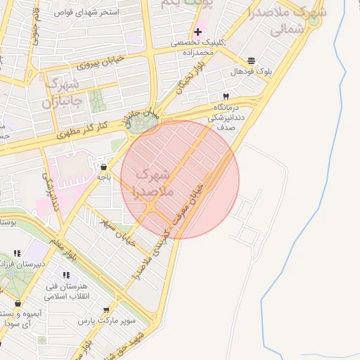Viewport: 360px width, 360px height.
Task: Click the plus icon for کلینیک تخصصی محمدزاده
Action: (198, 32)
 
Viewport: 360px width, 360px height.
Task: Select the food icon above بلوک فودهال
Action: (252, 60)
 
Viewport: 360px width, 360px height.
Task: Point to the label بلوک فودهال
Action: (251, 72)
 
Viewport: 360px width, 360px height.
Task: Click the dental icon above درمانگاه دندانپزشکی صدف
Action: (226, 96)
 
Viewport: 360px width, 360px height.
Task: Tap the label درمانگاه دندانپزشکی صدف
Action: (226, 114)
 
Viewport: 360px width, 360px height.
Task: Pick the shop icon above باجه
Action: (104, 167)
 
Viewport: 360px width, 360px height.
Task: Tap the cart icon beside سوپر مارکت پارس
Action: (106, 310)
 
